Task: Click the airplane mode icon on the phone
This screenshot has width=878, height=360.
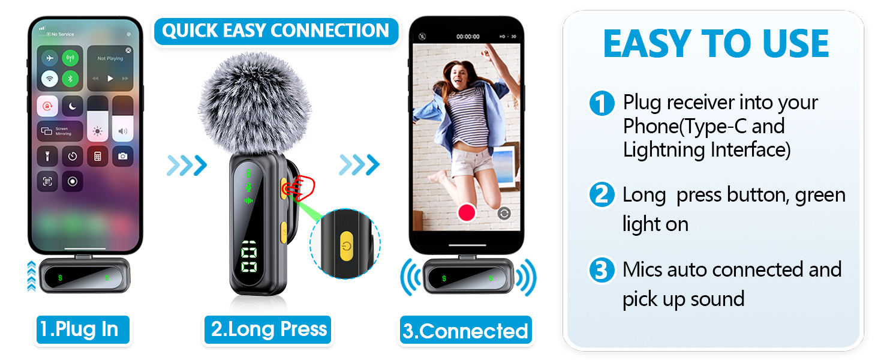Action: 49,59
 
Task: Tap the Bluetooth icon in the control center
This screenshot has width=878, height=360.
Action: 71,78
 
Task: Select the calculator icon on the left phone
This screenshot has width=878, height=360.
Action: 97,156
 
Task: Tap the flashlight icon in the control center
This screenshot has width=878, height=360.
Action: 48,156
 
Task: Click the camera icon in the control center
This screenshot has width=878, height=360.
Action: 122,156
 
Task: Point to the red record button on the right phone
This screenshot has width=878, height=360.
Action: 466,212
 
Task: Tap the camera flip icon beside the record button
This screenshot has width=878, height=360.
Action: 504,213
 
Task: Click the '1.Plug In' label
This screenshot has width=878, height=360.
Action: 79,329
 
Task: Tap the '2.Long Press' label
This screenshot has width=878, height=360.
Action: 268,329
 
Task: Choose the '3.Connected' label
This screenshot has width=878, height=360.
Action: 465,331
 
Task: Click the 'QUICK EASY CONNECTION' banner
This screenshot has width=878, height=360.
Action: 276,31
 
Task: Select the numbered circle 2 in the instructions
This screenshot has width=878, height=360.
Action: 602,195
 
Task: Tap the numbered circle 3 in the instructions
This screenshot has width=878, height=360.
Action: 602,270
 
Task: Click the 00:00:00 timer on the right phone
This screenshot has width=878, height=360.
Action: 468,37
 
